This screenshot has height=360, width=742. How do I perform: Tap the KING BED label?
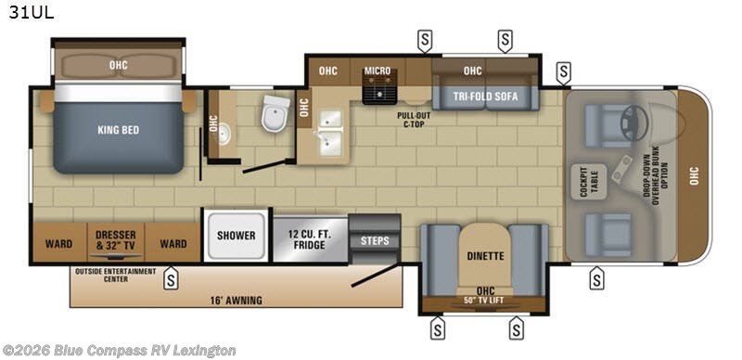(118, 131)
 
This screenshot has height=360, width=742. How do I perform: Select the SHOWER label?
(236, 236)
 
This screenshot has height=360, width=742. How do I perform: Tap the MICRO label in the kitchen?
(377, 71)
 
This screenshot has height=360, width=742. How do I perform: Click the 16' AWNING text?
(237, 300)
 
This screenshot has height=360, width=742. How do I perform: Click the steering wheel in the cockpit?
(633, 115)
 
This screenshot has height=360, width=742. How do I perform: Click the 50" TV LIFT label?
(480, 299)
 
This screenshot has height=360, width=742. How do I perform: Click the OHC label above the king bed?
(118, 66)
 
